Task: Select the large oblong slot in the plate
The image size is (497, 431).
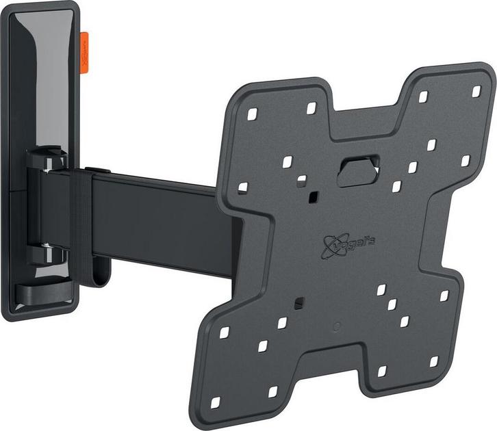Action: (x=359, y=168)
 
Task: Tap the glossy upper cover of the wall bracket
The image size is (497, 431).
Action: (x=44, y=75)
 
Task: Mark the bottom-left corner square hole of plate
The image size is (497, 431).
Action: (x=215, y=402)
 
